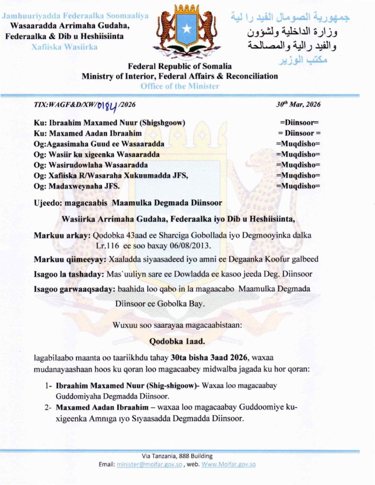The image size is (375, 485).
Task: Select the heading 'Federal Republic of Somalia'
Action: pyautogui.click(x=180, y=67)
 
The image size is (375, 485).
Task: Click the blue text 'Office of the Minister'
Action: pyautogui.click(x=180, y=86)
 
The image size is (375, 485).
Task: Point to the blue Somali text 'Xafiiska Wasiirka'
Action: pyautogui.click(x=64, y=47)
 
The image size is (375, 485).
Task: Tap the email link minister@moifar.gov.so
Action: pyautogui.click(x=145, y=464)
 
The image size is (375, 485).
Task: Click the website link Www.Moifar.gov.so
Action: pyautogui.click(x=229, y=464)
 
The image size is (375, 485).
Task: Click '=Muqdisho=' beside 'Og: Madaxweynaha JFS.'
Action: pyautogui.click(x=298, y=185)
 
